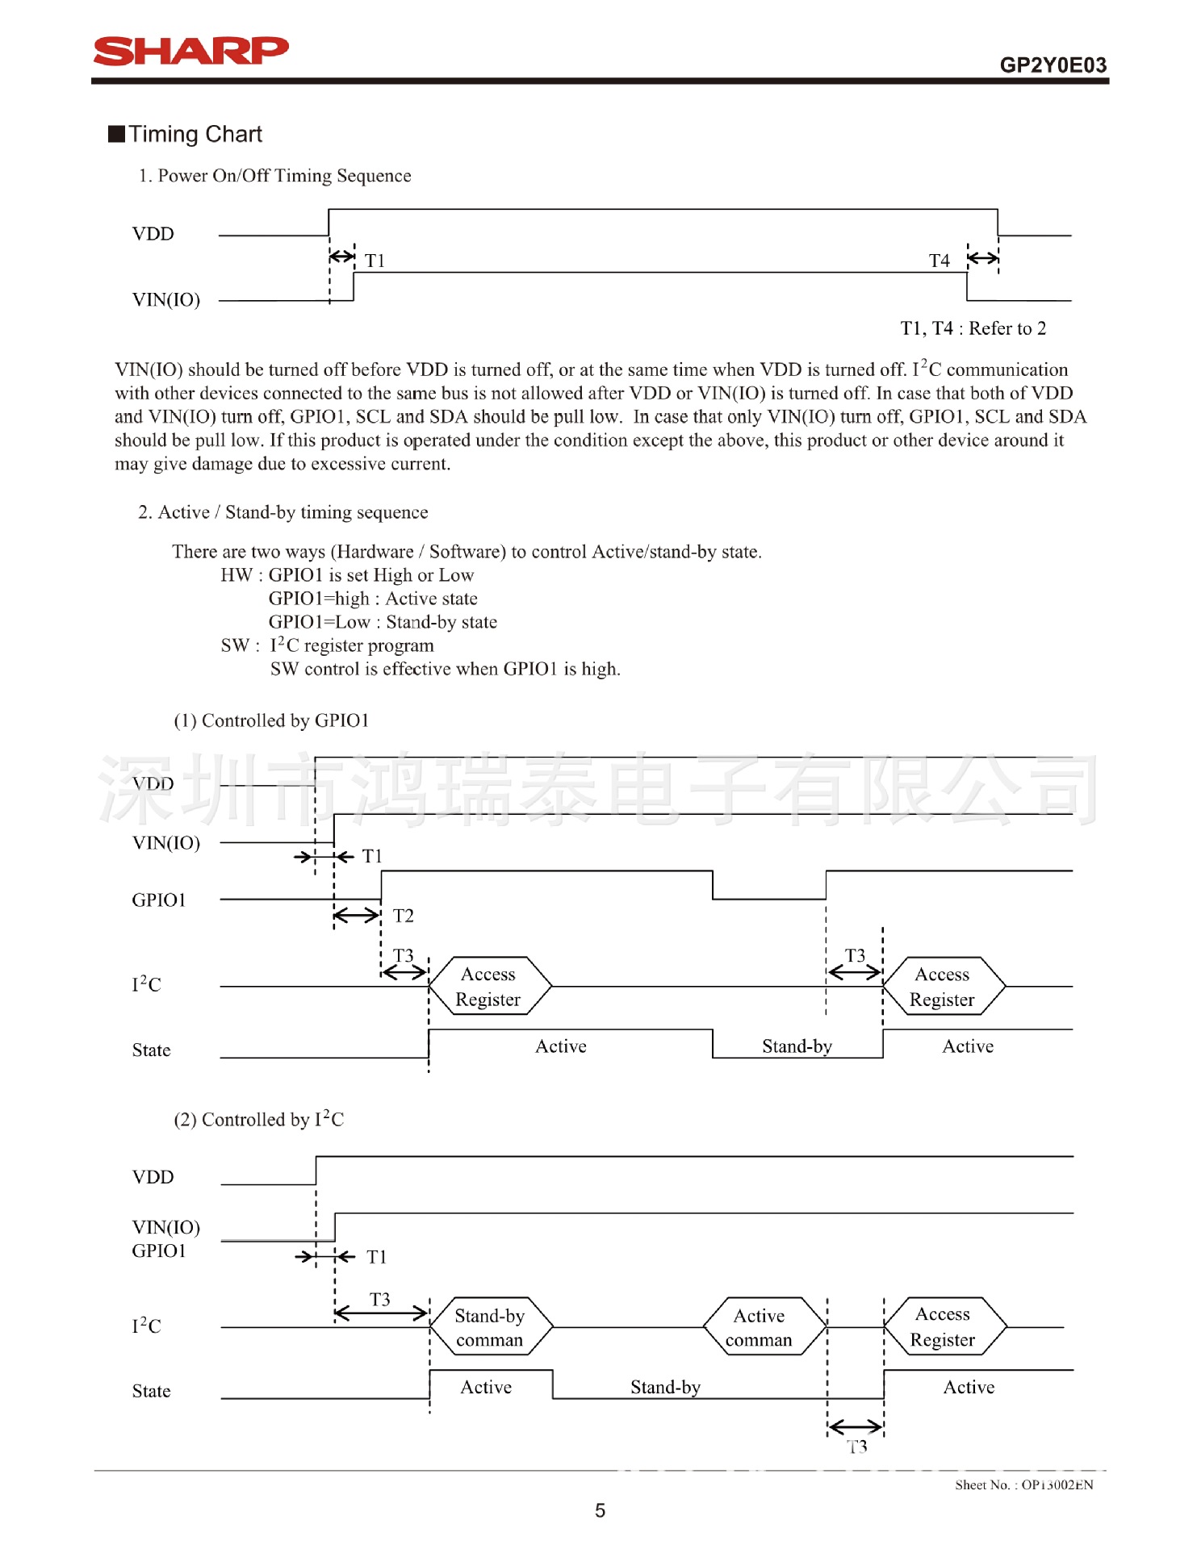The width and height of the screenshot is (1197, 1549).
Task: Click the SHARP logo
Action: coord(190,51)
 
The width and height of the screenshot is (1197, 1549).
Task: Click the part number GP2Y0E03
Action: coord(1053,65)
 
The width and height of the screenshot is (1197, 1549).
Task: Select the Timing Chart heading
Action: coord(195,134)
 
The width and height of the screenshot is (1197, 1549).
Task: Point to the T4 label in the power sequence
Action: coord(939,261)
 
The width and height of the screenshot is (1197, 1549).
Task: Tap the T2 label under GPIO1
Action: coord(403,916)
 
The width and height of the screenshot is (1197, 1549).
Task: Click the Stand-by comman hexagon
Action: coord(490,1327)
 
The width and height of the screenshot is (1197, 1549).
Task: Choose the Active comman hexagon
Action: coord(760,1327)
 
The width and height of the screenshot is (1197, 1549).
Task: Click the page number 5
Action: coord(600,1510)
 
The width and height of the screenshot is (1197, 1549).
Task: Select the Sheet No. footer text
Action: coord(1023,1484)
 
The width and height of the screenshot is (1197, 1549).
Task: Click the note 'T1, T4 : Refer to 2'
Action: coord(973,328)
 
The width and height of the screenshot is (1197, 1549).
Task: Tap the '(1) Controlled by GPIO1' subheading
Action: coord(271,720)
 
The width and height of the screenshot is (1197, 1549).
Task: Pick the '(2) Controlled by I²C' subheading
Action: coord(258,1119)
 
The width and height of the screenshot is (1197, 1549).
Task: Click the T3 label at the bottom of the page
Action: coord(857,1447)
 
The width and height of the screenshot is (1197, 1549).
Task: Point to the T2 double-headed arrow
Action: coord(357,915)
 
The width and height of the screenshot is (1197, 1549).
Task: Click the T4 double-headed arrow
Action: coord(982,258)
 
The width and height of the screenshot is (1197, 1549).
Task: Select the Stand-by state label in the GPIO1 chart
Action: coord(797,1046)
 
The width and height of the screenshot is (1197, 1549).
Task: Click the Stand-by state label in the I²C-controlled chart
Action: coord(665,1387)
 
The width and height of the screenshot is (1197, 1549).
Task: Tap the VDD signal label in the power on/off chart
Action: coord(153,234)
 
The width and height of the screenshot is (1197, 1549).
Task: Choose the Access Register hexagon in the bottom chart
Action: coord(943,1327)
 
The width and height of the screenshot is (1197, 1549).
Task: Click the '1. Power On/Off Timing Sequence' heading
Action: coord(274,176)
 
